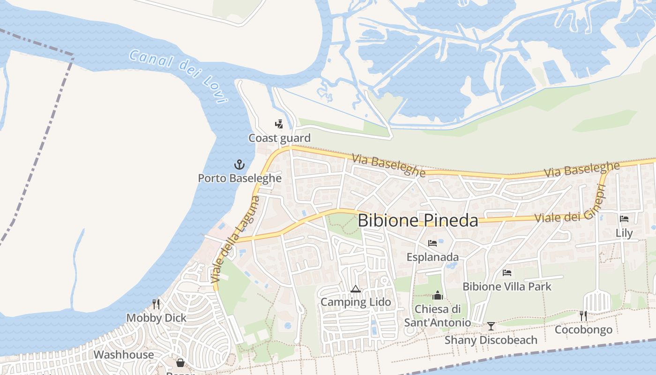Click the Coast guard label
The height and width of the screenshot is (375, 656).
[279, 138]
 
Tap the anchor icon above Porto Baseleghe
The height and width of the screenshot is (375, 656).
[239, 165]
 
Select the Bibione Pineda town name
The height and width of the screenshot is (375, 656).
[417, 220]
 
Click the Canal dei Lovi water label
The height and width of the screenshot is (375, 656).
[178, 75]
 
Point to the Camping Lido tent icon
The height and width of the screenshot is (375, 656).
[355, 289]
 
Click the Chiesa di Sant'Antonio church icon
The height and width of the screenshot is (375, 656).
[437, 295]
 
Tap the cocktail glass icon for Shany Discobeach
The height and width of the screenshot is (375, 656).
[491, 326]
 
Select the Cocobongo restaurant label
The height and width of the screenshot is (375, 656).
[583, 330]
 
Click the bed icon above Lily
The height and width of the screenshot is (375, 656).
[624, 218]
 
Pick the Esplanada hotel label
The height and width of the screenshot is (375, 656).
[432, 257]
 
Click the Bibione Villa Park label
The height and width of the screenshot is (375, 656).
[507, 286]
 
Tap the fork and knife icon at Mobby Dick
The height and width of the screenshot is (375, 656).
[156, 304]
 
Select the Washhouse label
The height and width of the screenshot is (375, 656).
[124, 354]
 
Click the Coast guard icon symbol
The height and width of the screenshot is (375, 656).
[279, 124]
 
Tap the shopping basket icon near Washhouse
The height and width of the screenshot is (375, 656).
[180, 363]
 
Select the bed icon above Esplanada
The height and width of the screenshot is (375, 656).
[432, 243]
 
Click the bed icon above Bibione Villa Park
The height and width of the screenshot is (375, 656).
[507, 272]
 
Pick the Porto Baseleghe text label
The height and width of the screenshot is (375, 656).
[239, 178]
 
